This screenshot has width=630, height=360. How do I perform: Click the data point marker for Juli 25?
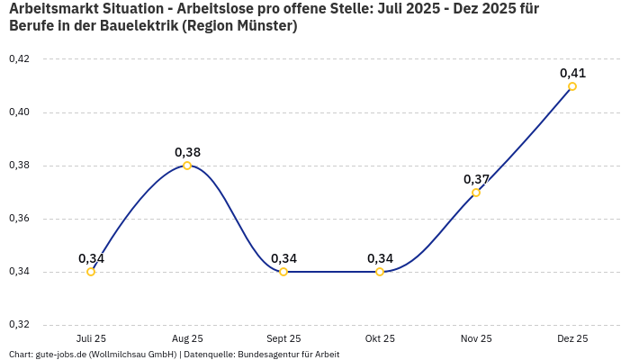tap(91, 272)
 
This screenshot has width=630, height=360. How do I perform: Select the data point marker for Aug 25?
tap(187, 166)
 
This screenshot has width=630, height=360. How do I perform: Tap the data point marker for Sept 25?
tap(283, 272)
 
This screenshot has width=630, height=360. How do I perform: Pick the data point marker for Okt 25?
tap(380, 272)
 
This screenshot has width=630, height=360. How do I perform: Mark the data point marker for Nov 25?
tap(476, 193)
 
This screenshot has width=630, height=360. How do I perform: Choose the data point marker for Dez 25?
tap(572, 86)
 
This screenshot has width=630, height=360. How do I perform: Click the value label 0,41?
tap(572, 73)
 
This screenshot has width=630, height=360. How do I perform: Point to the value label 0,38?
tap(187, 152)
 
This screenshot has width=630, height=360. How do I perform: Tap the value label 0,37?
tap(476, 179)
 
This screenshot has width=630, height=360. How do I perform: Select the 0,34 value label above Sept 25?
tap(283, 258)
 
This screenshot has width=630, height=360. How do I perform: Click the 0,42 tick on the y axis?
tap(19, 59)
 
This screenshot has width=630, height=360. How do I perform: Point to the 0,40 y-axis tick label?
tap(19, 112)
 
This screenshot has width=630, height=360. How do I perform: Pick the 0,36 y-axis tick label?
tap(19, 219)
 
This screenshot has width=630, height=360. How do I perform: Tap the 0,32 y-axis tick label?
tap(19, 325)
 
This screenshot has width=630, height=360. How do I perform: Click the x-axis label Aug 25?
tap(187, 338)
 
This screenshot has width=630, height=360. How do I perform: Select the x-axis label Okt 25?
tap(380, 338)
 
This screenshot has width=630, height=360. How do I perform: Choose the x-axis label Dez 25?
tap(572, 338)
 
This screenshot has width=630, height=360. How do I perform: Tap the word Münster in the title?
tap(264, 26)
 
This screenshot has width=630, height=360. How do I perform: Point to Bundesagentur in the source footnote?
tap(266, 355)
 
